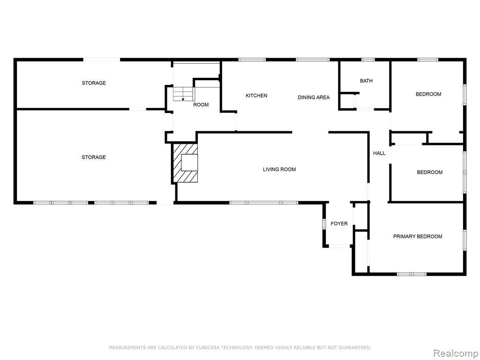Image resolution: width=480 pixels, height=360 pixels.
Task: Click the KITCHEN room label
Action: [x=256, y=96]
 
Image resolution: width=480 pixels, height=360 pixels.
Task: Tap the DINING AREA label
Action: [x=314, y=97]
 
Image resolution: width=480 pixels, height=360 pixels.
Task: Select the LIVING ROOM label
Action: [x=279, y=169]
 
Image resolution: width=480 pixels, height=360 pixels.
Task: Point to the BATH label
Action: [x=366, y=81]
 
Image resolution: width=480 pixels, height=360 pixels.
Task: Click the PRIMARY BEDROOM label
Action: [x=418, y=236]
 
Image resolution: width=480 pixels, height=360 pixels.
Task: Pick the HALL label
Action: [x=379, y=153]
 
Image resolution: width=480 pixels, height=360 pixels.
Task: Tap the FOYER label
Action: [x=339, y=224]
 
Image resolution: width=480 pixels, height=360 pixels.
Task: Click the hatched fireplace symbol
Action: [x=186, y=163]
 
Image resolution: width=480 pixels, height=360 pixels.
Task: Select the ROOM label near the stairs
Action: [x=201, y=105]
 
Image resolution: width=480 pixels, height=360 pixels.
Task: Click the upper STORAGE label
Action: [x=94, y=83]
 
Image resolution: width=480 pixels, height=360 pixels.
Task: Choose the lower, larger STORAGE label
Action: [x=94, y=157]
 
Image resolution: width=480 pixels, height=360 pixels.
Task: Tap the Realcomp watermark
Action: [x=455, y=353]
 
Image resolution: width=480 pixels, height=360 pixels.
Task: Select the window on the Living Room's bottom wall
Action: [x=263, y=202]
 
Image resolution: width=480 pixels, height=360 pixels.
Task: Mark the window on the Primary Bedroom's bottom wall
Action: [x=412, y=274]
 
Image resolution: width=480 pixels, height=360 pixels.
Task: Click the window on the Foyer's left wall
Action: [x=324, y=224]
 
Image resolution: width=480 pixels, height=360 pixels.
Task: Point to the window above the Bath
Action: [x=368, y=60]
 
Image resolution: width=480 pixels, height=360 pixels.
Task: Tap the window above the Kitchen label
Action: [x=252, y=60]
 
